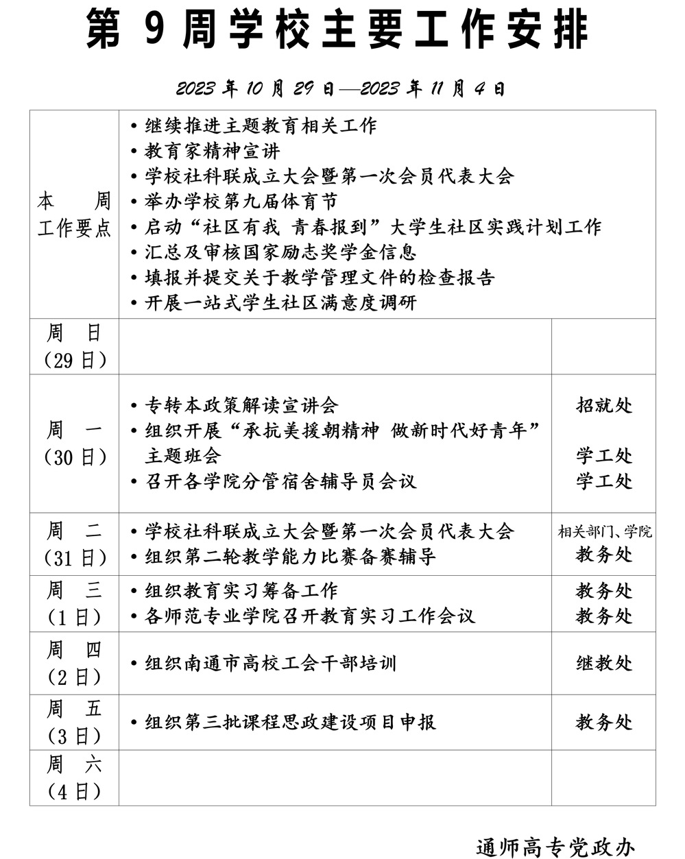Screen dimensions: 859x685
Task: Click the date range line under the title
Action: pos(340,89)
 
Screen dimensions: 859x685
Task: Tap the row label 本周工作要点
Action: pos(74,215)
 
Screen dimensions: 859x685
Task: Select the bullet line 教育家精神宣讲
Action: pos(212,152)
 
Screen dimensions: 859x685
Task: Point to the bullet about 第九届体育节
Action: pos(241,202)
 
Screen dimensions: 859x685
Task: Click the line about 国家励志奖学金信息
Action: pos(280,252)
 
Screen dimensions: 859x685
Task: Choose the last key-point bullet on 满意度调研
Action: pos(280,303)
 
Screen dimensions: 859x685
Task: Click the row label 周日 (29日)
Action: pos(74,346)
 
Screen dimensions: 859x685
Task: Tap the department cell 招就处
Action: pos(603,405)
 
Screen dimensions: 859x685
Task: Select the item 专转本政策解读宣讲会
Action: pos(241,405)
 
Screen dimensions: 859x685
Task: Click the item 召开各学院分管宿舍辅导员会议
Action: pos(280,481)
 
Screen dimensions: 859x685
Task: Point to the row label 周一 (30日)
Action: pos(74,444)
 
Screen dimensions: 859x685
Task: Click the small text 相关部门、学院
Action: pos(604,532)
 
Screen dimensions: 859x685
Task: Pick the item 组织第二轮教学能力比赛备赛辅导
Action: pos(290,556)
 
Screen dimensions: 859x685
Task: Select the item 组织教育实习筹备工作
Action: pos(241,591)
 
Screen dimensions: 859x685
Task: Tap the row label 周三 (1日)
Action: pos(74,603)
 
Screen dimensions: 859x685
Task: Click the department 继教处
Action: pos(603,664)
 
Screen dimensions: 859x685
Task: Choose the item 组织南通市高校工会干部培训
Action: pos(270,664)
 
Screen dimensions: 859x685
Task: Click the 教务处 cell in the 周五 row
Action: pos(603,722)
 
